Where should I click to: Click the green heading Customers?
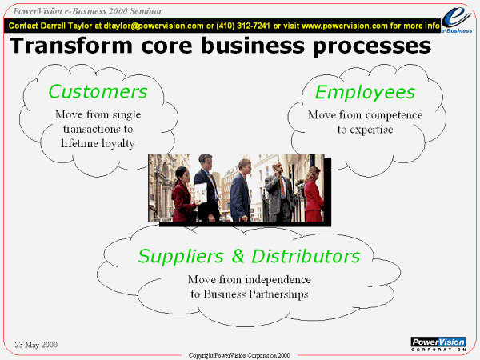98,91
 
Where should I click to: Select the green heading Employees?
366,93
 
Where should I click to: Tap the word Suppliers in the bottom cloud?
181,257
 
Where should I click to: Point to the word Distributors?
306,256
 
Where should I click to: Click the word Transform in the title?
71,46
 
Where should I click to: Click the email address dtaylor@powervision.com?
154,26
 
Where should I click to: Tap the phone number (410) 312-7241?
243,26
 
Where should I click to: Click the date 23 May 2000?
36,345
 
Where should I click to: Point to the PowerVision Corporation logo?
438,344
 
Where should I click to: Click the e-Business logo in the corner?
457,19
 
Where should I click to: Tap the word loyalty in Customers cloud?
118,143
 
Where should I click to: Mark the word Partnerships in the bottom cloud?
278,294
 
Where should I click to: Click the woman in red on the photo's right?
313,194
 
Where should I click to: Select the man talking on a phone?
279,192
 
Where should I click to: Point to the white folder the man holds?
201,192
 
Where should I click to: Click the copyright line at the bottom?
239,355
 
